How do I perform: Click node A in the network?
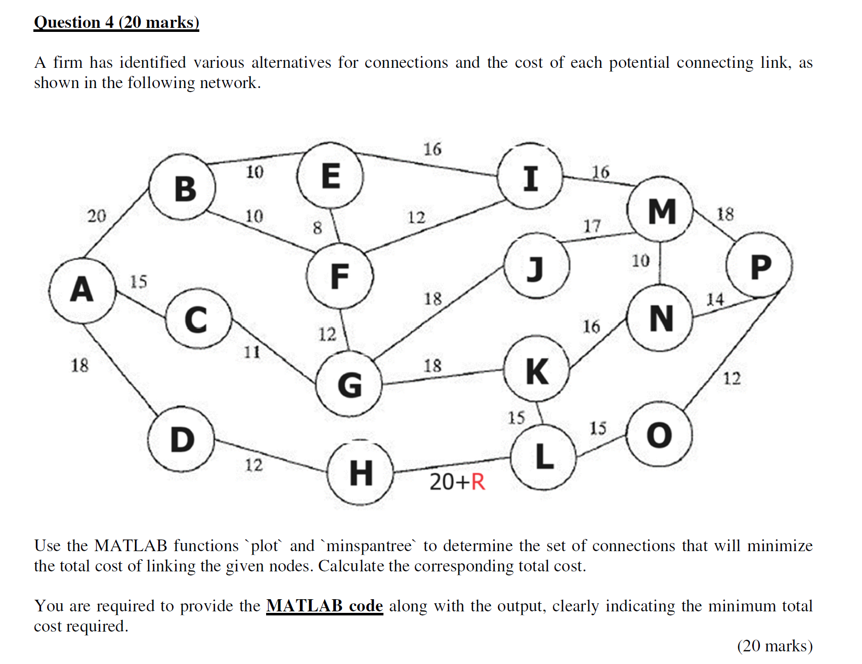click(82, 290)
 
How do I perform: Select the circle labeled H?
click(361, 473)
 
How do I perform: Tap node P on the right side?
click(760, 266)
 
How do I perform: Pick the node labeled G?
click(350, 384)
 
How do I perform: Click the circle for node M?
click(661, 210)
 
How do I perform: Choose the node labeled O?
click(659, 435)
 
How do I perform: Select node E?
click(330, 176)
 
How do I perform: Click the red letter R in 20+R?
click(478, 482)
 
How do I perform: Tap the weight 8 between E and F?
click(317, 228)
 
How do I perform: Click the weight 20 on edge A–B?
click(97, 216)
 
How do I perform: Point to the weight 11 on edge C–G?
click(252, 352)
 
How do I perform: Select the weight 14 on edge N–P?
click(715, 300)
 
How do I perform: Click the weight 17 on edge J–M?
click(592, 226)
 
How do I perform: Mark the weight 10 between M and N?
click(640, 261)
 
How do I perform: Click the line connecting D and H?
click(271, 455)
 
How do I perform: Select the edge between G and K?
click(443, 377)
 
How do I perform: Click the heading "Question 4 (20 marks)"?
click(116, 22)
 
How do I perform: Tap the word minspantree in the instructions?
click(369, 546)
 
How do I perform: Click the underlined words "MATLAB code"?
click(324, 606)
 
